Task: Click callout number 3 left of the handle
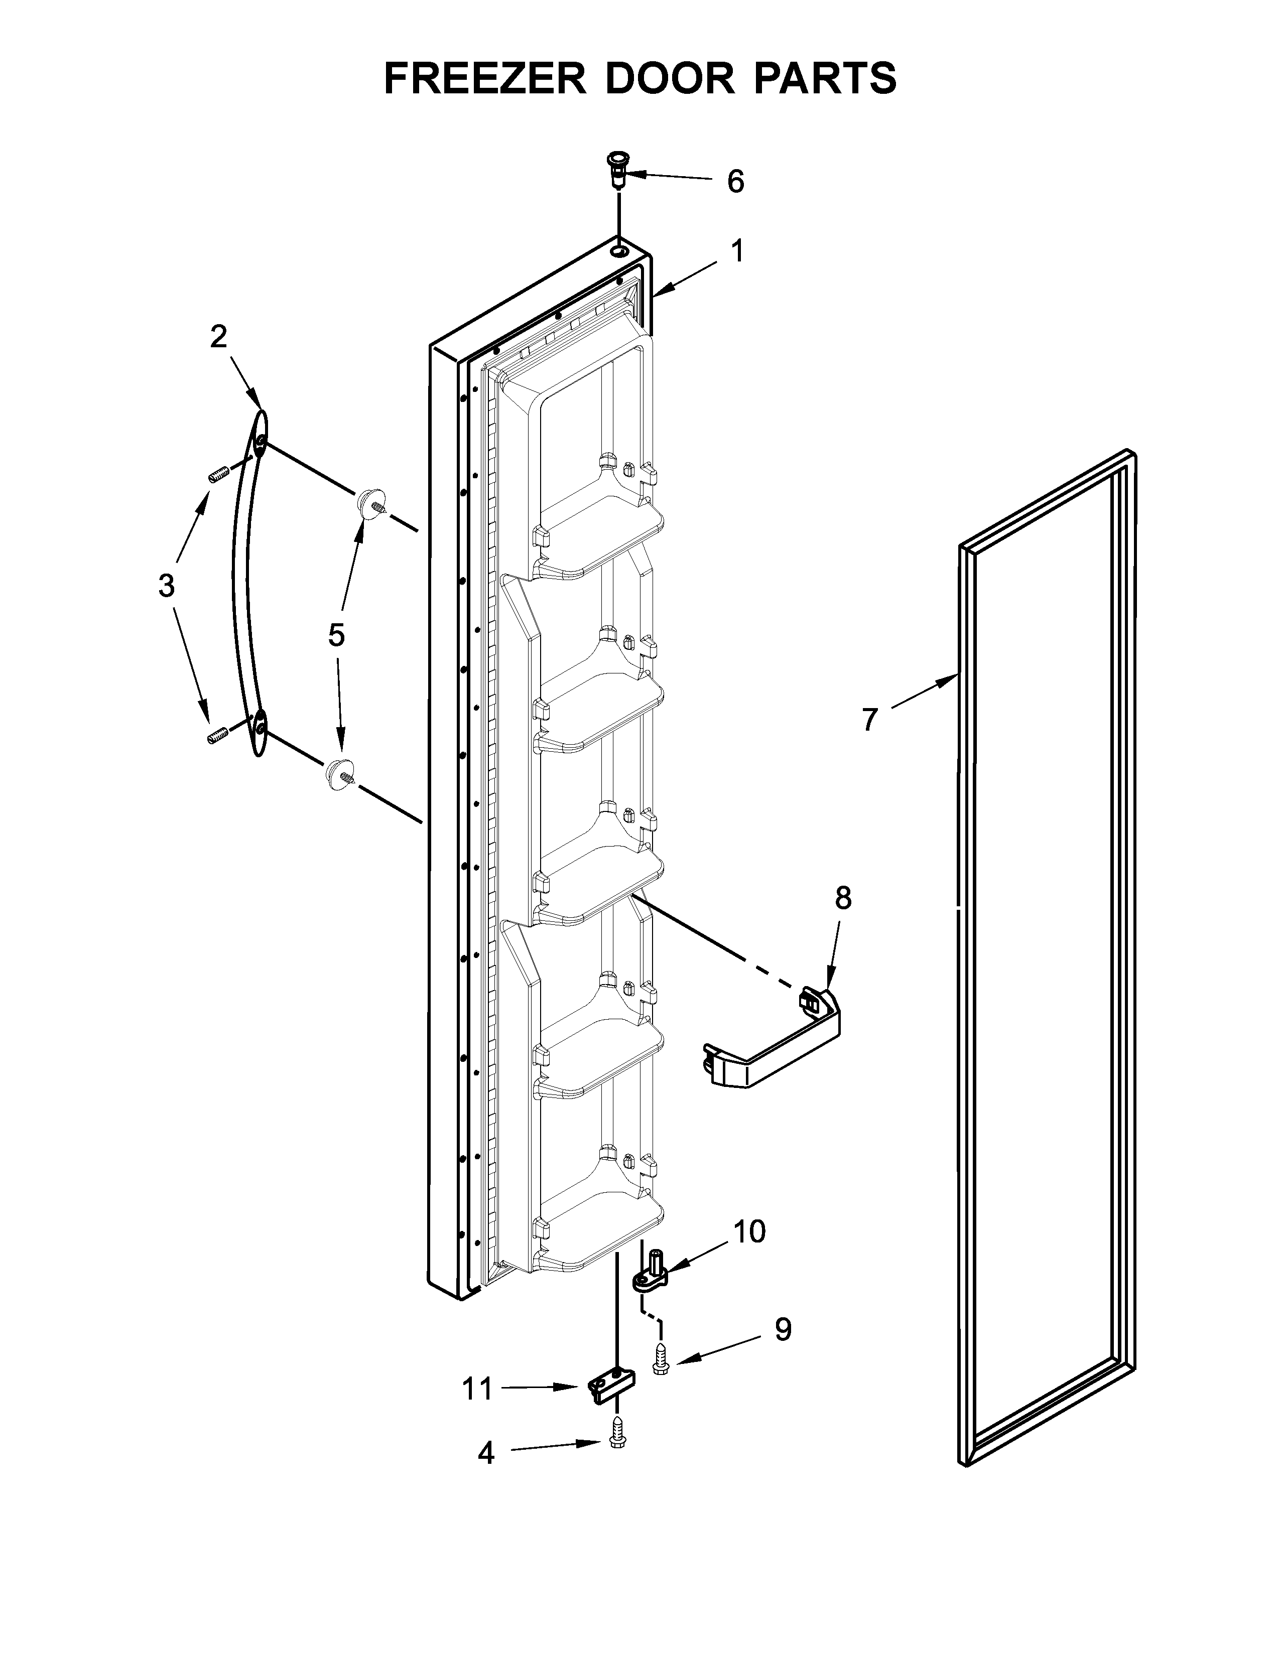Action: [167, 586]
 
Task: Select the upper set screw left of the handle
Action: [218, 475]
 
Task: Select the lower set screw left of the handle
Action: [218, 735]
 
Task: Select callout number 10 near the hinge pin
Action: [749, 1232]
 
